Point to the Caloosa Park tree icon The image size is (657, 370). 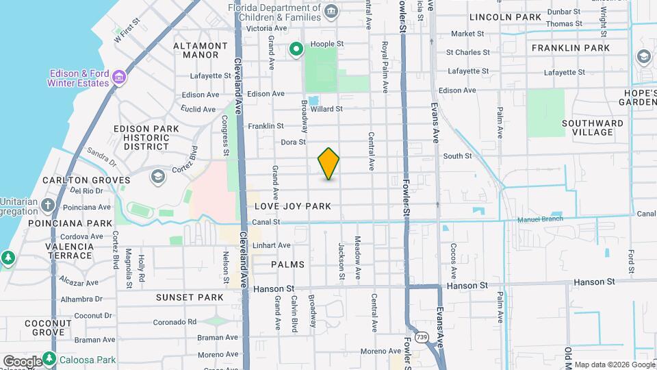49,358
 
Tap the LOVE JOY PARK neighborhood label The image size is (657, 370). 293,206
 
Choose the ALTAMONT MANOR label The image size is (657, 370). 201,50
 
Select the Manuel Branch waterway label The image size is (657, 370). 540,219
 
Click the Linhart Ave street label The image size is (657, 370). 272,245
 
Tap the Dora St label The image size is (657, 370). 293,143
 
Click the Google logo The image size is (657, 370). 22,361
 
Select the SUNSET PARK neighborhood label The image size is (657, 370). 190,297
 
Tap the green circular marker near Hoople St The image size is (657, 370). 296,49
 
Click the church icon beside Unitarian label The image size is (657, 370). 48,204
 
